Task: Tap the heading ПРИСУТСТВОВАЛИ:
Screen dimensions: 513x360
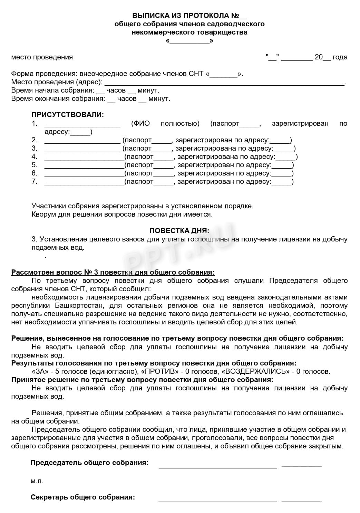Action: (x=68, y=115)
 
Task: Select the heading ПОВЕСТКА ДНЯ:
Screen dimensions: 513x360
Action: (x=179, y=230)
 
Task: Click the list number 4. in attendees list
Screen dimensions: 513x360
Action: (x=35, y=156)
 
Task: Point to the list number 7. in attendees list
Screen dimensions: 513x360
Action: (x=35, y=181)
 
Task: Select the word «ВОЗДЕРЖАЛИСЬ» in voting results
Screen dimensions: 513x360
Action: (x=255, y=371)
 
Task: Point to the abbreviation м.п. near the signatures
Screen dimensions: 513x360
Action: (x=37, y=481)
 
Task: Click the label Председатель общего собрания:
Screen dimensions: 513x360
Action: (x=90, y=463)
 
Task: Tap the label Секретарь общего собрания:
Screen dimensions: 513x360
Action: (x=83, y=497)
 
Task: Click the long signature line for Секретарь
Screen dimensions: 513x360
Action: (x=217, y=500)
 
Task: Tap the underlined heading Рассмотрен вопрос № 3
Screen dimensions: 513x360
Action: (x=113, y=272)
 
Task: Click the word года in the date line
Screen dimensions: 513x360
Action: (x=340, y=57)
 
